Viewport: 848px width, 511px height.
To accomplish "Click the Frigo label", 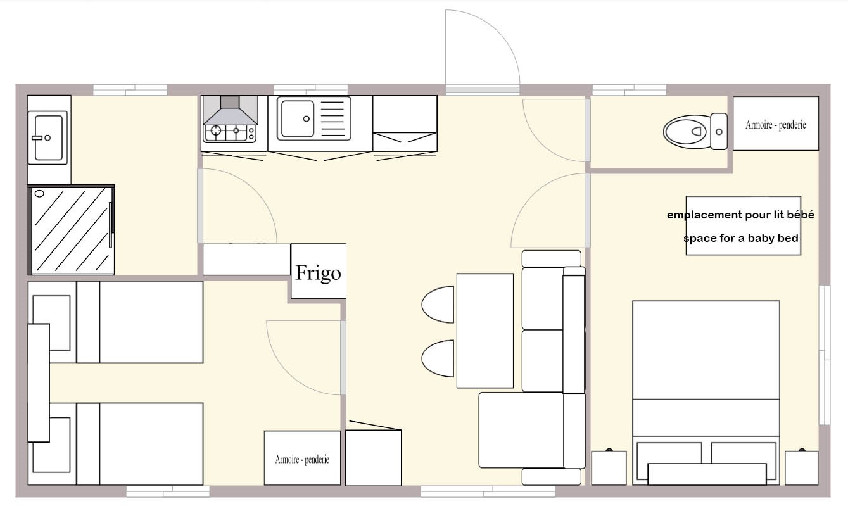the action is tap(318, 272).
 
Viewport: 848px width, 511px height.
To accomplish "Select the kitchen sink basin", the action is tap(298, 118).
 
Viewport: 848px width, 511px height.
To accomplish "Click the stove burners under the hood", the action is tap(230, 133).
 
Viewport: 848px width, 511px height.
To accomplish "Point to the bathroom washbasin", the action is tap(47, 137).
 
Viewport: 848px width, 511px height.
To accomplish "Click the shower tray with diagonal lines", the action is tap(71, 230).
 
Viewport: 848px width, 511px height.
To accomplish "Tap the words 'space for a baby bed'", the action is tap(741, 238).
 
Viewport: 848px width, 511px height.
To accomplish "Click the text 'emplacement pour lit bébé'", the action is tap(740, 215).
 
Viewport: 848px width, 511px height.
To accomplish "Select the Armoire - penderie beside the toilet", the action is tap(776, 123).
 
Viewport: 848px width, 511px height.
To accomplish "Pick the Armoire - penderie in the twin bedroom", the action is tap(302, 458).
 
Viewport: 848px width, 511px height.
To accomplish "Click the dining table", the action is tap(485, 331).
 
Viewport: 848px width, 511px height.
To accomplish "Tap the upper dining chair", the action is tap(438, 305).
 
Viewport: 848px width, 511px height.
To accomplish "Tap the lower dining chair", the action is tap(438, 358).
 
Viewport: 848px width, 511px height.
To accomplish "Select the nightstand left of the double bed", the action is tap(609, 467).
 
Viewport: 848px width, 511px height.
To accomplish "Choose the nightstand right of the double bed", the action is tap(802, 467).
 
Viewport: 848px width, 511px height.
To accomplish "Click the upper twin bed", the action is tap(140, 322).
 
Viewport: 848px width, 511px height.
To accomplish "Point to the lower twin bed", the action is tap(140, 444).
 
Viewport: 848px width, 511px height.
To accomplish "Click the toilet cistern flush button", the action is tap(719, 132).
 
